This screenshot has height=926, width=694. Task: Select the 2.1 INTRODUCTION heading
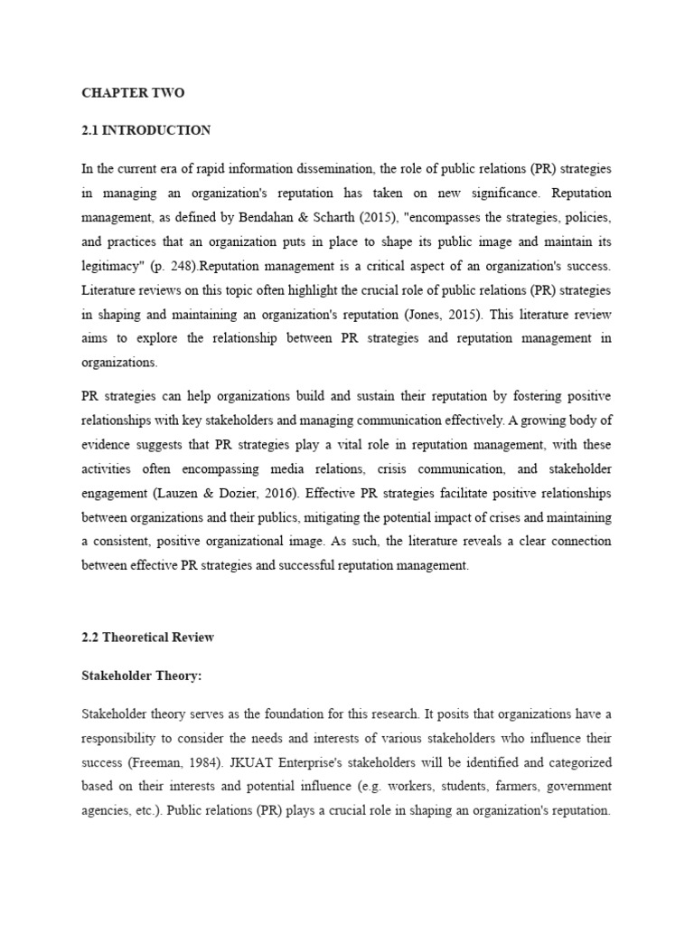[146, 130]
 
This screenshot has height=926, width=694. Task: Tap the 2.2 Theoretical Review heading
[148, 637]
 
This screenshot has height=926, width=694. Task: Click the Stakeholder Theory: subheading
[141, 676]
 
